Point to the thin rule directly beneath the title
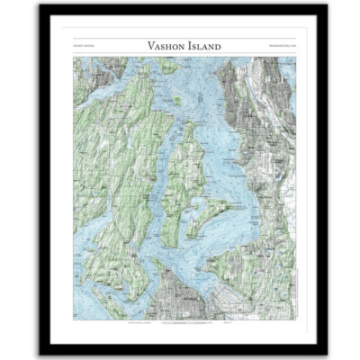pos(180,57)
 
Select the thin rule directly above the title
pos(180,36)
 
